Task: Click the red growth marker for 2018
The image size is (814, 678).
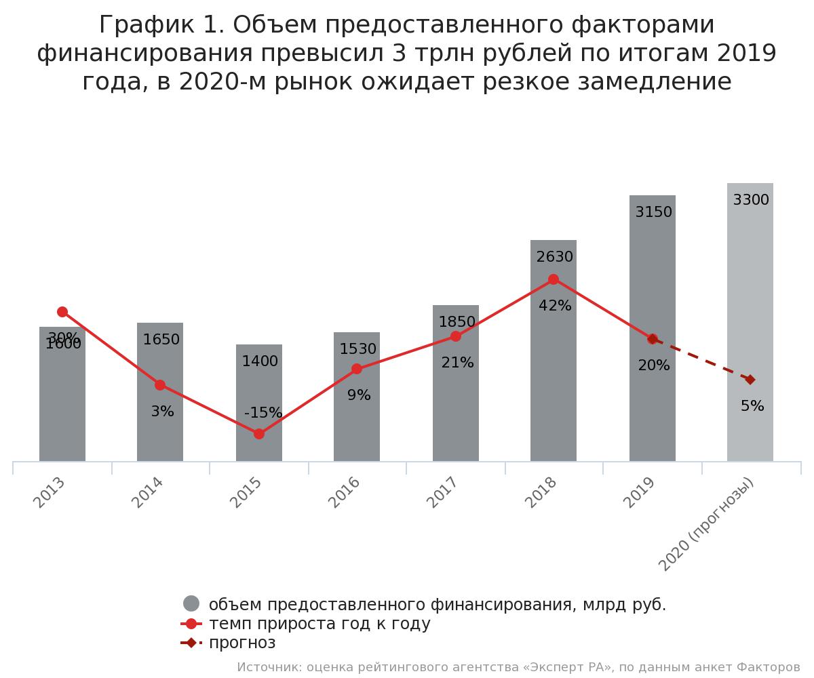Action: pos(554,279)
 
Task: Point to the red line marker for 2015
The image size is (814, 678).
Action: pos(259,434)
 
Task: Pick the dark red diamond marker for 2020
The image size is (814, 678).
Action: pos(750,380)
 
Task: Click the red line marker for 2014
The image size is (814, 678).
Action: pos(160,385)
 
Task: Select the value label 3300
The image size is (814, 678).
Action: pos(751,200)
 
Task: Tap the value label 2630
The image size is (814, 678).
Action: pos(555,257)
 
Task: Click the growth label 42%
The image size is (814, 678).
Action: pos(555,306)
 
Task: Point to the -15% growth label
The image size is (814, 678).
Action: pos(263,413)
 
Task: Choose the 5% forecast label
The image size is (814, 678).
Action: pos(752,406)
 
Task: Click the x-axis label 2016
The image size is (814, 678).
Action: pos(345,492)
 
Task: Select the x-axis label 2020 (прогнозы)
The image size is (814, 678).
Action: pos(707,523)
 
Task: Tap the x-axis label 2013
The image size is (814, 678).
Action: pos(50,492)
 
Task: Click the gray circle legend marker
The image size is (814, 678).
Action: pos(191,603)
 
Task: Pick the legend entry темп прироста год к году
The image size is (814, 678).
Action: pos(319,624)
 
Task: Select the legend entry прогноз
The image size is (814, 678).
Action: pos(242,643)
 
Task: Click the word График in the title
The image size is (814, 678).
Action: pos(140,25)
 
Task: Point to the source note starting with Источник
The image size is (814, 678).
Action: pos(518,667)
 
